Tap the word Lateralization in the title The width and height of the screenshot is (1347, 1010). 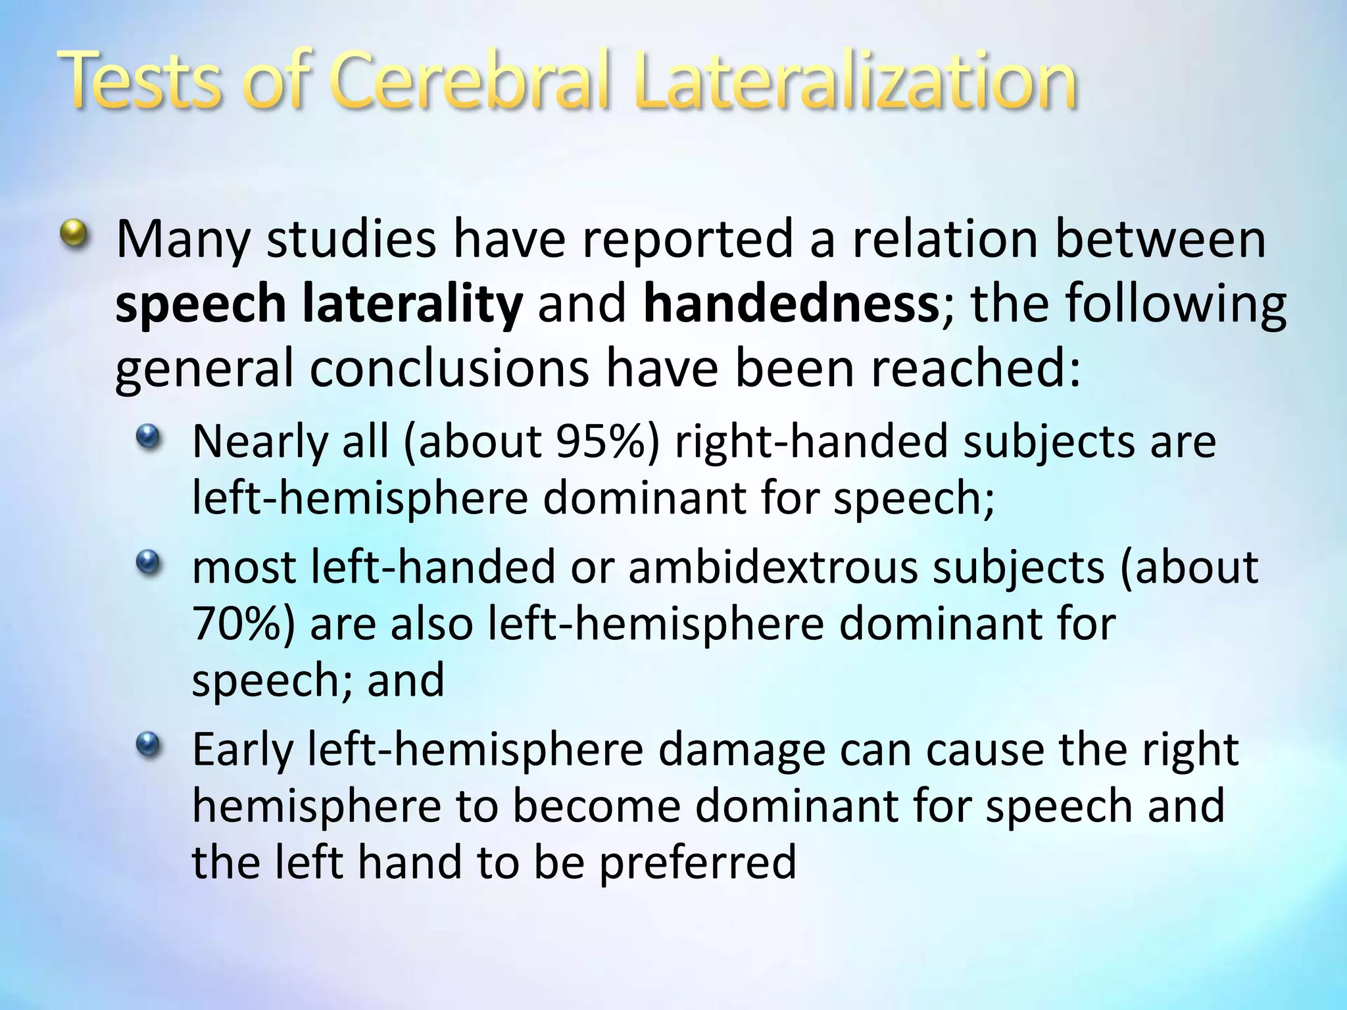(x=855, y=83)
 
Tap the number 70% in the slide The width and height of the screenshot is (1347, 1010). (x=236, y=623)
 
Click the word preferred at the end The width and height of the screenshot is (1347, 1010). (x=698, y=863)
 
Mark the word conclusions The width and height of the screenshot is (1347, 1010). (x=449, y=369)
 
